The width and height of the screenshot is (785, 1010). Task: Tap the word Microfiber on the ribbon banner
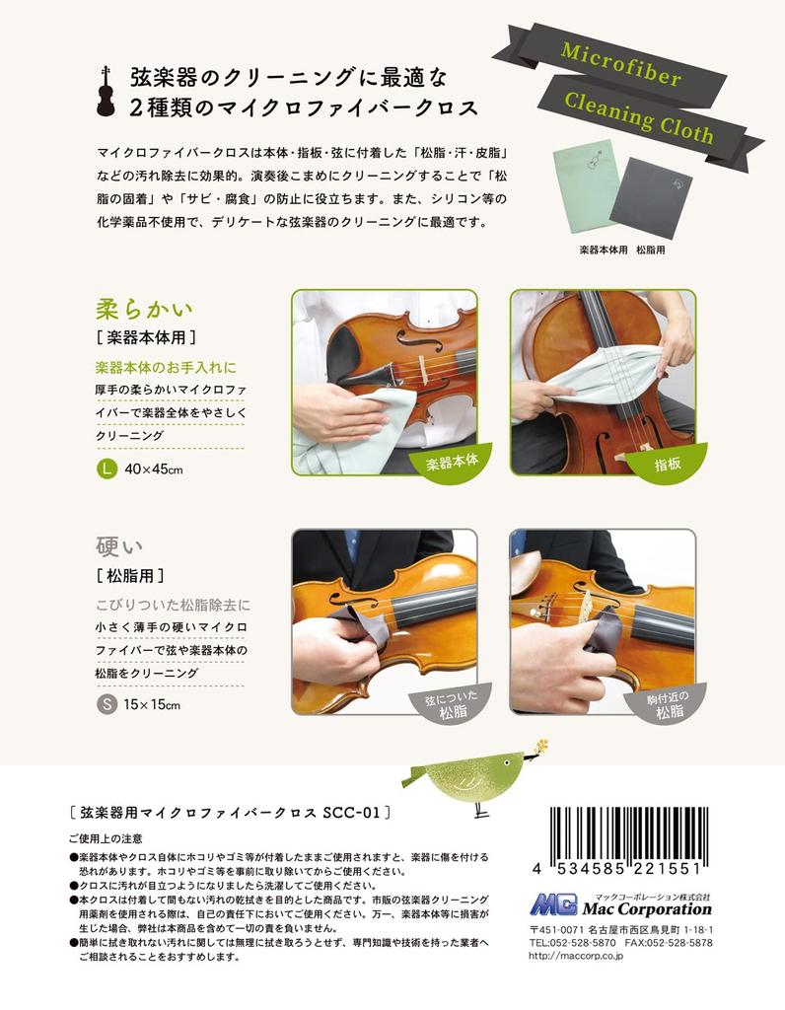(620, 68)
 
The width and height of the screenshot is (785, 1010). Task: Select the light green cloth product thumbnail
(588, 186)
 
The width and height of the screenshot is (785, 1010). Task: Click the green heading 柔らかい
(136, 307)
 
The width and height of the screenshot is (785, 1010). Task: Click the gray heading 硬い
(116, 544)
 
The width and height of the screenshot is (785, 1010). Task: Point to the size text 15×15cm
(153, 705)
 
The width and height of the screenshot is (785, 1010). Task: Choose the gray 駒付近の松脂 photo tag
(667, 702)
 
